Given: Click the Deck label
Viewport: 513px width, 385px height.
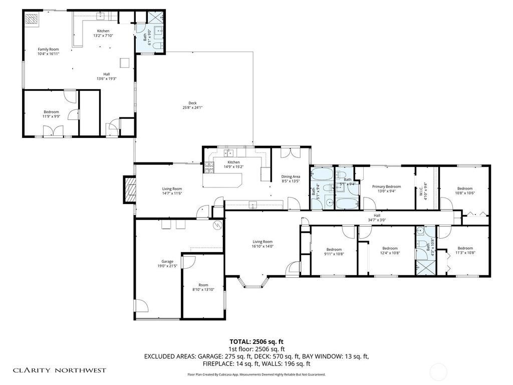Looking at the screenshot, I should point(192,105).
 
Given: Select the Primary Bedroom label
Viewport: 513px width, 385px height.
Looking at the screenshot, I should point(386,186).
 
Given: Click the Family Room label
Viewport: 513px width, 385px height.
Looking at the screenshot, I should point(49,50).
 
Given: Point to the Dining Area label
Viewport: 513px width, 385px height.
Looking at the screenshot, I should point(291,176).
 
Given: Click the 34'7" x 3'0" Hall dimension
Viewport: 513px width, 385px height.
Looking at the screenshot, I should point(376,220).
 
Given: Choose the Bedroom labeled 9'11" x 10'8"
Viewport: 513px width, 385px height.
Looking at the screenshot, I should point(334,249).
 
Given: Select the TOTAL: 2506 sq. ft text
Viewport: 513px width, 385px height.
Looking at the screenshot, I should point(256,341).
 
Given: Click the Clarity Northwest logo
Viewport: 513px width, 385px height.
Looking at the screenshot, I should point(59,370).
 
